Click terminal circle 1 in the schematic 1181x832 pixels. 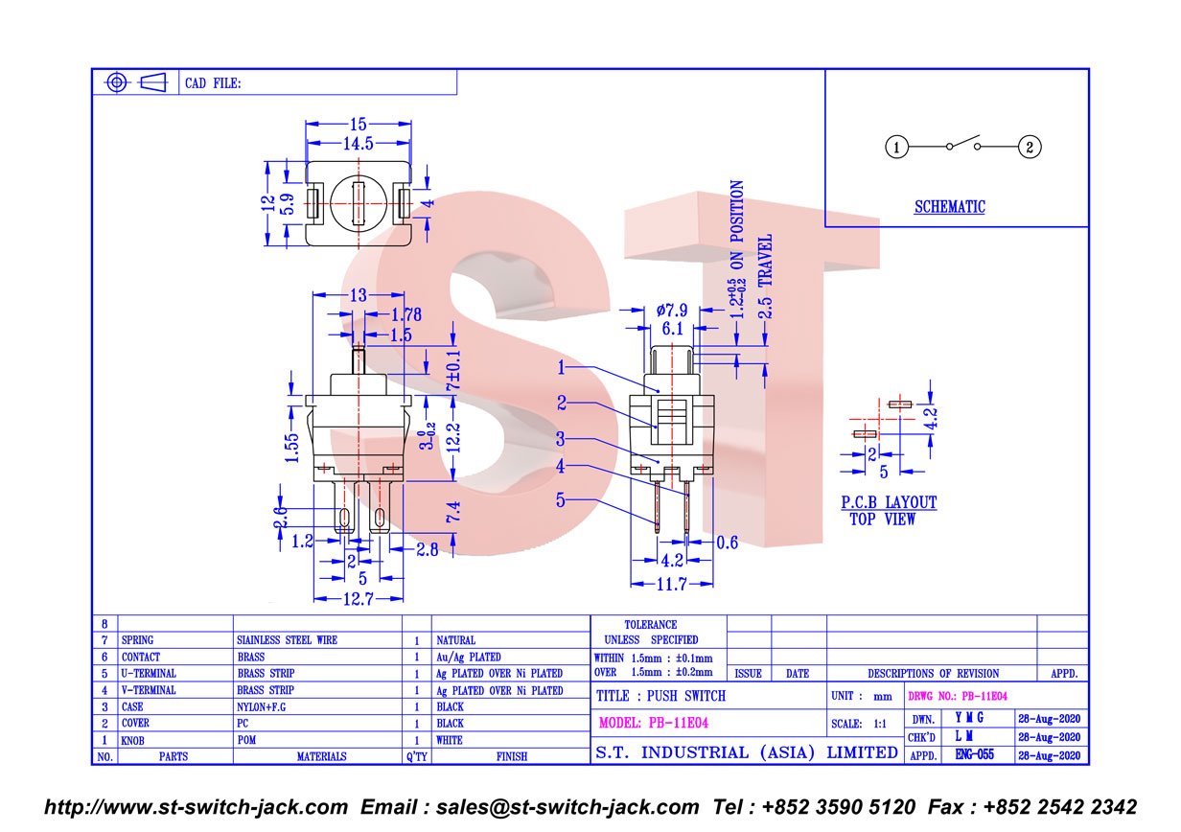pos(895,147)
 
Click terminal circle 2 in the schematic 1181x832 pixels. pos(1030,147)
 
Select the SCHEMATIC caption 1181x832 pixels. pos(950,207)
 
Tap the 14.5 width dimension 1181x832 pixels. pos(358,143)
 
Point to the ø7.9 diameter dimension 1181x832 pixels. pos(672,310)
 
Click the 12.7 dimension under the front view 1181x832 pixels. pos(358,598)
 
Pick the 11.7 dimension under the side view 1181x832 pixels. pos(671,584)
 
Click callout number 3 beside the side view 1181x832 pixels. pos(560,439)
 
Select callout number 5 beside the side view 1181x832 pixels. pos(560,499)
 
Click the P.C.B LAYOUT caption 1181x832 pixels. pos(889,502)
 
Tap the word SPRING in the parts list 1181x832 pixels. pos(137,639)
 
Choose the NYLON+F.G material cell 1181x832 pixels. pos(261,706)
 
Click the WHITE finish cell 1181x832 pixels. pos(450,740)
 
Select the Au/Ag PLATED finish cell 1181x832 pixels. pos(468,657)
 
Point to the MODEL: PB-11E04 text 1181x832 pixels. pos(653,723)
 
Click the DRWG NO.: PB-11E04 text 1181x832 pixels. pos(958,696)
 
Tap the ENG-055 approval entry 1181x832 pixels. pos(974,754)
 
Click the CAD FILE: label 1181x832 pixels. pos(213,83)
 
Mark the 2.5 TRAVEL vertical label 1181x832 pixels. pos(765,276)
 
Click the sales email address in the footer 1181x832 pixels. pos(567,807)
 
